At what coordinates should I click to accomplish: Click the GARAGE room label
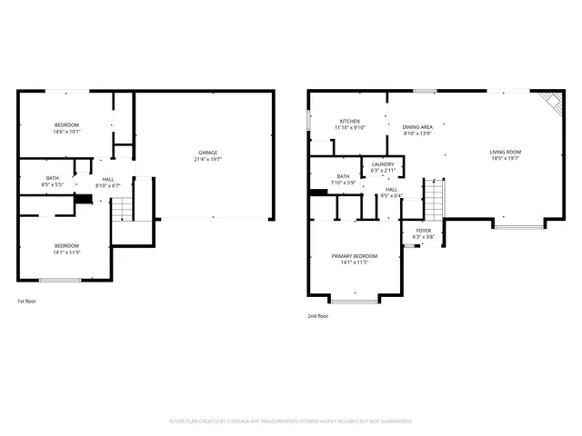click(208, 152)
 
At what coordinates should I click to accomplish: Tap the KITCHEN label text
click(350, 121)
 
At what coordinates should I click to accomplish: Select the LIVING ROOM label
click(506, 152)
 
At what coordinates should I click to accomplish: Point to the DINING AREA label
click(416, 127)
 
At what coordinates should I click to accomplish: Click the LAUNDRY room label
click(383, 163)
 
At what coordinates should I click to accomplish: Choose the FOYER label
click(424, 231)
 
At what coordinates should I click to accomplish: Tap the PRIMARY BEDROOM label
click(354, 256)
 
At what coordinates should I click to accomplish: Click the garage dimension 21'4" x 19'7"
click(208, 159)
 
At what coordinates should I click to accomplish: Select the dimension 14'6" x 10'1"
click(66, 132)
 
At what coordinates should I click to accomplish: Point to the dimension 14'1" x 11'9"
click(65, 253)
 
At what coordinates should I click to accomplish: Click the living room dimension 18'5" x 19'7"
click(506, 159)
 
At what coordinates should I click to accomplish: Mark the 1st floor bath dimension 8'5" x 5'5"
click(52, 185)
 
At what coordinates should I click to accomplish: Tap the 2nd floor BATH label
click(343, 176)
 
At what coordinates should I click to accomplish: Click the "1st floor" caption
click(27, 302)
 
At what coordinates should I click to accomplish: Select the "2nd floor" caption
click(317, 316)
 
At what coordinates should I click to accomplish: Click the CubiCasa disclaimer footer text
click(291, 421)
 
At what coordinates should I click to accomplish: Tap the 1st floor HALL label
click(108, 179)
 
